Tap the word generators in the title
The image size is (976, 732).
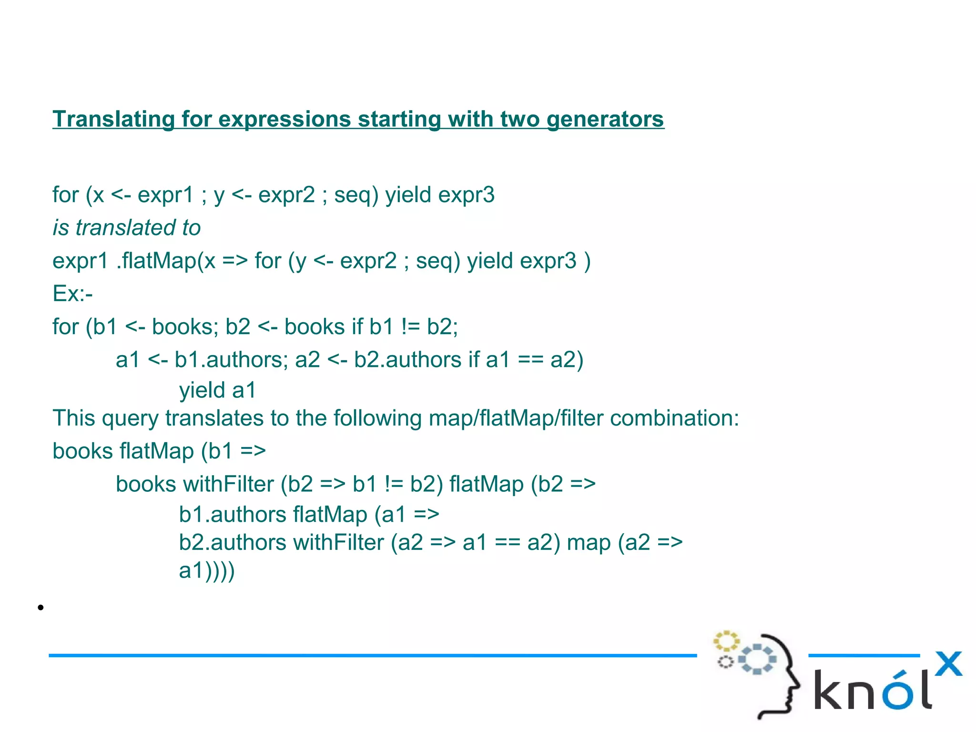[605, 119]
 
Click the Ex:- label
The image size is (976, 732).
[72, 294]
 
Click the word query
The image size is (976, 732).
[130, 418]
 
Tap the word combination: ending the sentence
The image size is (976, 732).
[674, 418]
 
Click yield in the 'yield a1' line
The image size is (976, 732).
[202, 391]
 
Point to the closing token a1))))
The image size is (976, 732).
[207, 571]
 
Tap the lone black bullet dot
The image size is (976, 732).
[41, 608]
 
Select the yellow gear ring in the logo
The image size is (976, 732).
[726, 641]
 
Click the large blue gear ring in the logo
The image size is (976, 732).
[757, 659]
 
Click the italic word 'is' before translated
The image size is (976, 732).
[61, 228]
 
